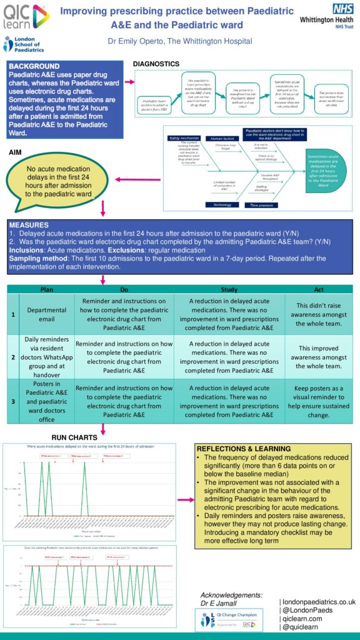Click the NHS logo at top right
(x=343, y=9)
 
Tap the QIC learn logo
(x=25, y=17)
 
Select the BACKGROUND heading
(x=35, y=66)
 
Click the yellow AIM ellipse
(x=58, y=181)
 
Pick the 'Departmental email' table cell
(x=47, y=315)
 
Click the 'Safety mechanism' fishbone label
(x=183, y=137)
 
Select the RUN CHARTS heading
(x=74, y=437)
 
